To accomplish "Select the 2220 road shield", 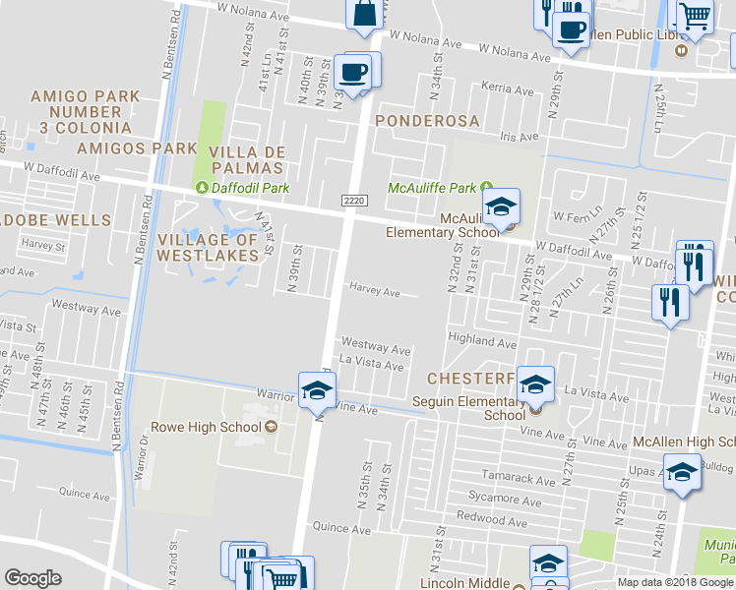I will point(354,200).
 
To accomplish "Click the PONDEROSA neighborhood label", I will point(427,121).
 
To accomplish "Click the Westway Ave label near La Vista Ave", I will point(375,349).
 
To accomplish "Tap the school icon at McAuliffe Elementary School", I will point(502,206).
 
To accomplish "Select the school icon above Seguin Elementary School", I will point(535,383).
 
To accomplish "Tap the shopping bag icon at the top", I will point(364,13).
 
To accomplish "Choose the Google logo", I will point(33,578).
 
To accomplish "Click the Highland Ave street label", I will point(483,342).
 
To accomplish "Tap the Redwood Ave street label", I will point(499,520).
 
